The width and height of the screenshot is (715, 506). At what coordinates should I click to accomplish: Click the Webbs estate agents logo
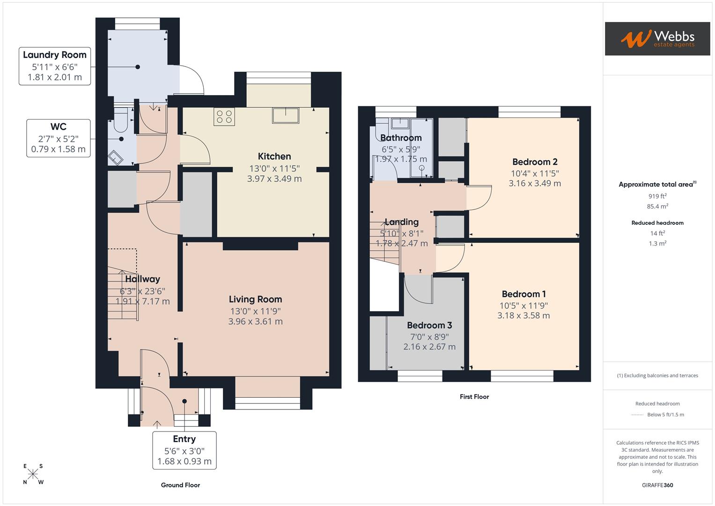(657, 39)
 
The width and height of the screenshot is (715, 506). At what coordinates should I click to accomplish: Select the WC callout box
(58, 138)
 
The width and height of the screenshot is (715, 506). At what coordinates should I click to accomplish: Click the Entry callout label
(184, 450)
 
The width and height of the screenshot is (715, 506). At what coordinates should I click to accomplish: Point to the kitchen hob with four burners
(224, 117)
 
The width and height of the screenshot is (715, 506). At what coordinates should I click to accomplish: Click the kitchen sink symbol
(285, 115)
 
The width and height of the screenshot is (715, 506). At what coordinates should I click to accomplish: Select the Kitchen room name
(274, 156)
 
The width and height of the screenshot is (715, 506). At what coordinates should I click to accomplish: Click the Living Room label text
(255, 299)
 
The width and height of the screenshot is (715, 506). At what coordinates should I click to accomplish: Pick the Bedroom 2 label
(535, 162)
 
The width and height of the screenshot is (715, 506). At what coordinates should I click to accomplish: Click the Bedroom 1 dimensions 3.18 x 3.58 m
(523, 316)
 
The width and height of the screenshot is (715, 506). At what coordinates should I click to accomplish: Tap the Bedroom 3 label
(429, 325)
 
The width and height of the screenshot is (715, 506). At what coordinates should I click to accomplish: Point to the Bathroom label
(401, 138)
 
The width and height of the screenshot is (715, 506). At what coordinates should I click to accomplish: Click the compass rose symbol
(33, 474)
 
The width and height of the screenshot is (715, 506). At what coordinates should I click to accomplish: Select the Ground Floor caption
(180, 485)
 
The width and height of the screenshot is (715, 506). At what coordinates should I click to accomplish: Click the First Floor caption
(474, 397)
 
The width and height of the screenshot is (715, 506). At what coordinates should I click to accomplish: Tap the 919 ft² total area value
(657, 196)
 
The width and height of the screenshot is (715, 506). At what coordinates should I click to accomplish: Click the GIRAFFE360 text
(657, 485)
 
